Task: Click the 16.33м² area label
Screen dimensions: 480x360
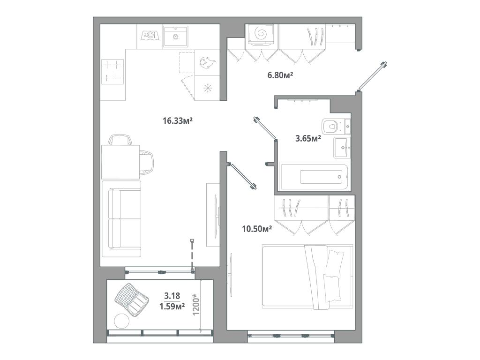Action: coord(177,121)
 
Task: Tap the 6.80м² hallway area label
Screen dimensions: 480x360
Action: coord(280,75)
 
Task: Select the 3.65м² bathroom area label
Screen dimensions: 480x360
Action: coord(308,139)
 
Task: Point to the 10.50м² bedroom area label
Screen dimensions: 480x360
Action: coord(257,229)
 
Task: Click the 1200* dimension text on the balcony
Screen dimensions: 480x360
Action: coord(196,305)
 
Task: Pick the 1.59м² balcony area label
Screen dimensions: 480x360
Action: coord(172,306)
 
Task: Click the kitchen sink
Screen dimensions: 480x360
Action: coord(175,37)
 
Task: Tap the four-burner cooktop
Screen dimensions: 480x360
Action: coord(112,71)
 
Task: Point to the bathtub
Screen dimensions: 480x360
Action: coord(314,177)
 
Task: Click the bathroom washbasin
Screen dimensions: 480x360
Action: coord(342,148)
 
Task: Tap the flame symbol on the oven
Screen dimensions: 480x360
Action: coord(207,62)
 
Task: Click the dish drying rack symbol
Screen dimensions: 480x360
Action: coord(149,36)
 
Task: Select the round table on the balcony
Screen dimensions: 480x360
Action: coord(122,321)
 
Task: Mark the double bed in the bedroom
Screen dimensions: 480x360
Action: coord(307,277)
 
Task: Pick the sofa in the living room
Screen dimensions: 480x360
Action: coord(121,218)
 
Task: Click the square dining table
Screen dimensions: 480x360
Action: coord(120,162)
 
